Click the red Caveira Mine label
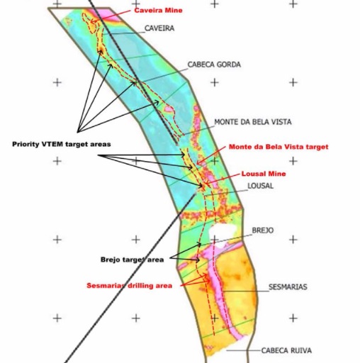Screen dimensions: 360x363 point(158,11)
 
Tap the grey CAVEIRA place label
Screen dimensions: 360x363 point(159,28)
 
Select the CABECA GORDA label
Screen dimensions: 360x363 point(214,65)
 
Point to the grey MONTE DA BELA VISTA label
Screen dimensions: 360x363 point(253,122)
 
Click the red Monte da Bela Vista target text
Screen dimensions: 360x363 point(279,147)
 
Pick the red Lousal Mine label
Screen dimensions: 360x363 point(264,174)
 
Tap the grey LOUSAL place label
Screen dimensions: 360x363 point(260,186)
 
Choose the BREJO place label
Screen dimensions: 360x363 point(263,230)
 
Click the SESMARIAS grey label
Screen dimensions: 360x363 point(288,287)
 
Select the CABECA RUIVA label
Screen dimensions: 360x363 point(286,350)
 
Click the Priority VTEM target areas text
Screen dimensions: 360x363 point(62,144)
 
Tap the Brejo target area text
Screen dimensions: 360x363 point(132,259)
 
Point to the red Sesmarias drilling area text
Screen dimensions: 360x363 point(129,286)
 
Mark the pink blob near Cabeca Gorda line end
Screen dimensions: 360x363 point(169,109)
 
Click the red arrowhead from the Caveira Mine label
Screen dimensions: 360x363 point(93,22)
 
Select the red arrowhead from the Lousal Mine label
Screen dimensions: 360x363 point(206,183)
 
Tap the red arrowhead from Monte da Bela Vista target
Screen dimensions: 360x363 point(198,163)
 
